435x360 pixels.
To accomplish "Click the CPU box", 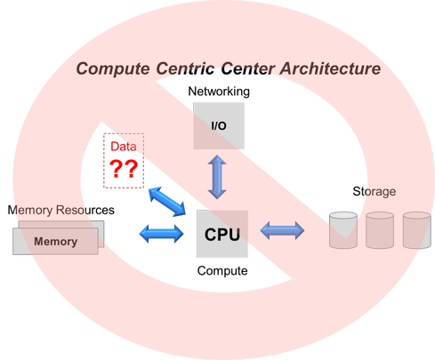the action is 222,234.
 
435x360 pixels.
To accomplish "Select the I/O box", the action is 219,126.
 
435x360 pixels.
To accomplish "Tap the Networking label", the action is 219,92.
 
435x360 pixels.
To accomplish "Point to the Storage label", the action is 375,192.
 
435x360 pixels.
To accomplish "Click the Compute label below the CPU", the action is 222,271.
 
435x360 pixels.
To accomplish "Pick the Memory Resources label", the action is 60,210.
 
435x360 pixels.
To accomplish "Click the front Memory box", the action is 55,241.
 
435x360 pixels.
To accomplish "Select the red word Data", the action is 124,147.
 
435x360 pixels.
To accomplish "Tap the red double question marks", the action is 124,169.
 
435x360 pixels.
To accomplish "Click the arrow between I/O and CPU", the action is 217,177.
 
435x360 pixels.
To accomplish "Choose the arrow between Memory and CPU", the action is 162,234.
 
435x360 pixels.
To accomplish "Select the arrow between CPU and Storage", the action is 282,230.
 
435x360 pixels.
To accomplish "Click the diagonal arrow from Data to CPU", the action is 167,202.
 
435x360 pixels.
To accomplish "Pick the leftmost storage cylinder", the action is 343,230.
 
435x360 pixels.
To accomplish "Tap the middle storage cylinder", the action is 380,230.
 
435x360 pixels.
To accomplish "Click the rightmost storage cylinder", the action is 416,230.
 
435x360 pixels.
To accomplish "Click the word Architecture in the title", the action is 330,68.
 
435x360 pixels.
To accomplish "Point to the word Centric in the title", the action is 185,68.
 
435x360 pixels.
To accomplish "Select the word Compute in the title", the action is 113,69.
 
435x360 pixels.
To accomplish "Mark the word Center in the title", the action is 247,68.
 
